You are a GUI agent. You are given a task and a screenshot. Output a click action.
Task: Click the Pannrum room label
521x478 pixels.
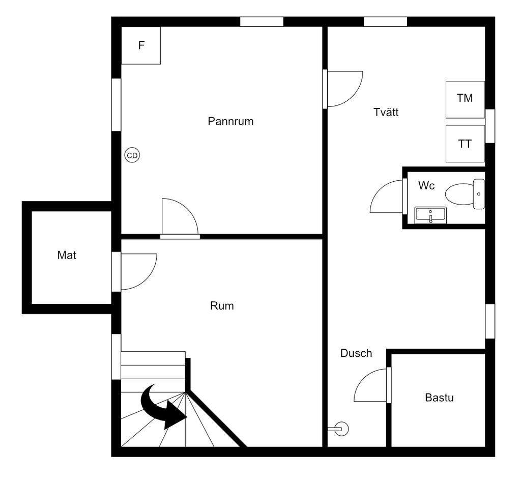[230, 122]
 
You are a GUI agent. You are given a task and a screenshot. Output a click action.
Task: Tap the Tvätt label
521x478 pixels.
[386, 113]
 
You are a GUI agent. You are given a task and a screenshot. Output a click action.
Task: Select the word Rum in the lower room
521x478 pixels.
[222, 306]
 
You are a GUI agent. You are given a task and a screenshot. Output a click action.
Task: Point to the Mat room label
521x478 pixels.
[67, 256]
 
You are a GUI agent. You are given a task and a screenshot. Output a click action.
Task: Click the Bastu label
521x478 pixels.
[439, 398]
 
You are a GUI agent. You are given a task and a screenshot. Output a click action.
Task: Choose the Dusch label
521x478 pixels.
[356, 353]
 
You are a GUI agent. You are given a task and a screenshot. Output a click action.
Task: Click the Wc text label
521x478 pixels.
[426, 186]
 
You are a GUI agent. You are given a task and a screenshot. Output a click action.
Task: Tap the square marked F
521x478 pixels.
[141, 45]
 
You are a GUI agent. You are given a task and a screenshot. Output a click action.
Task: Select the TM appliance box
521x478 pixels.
[465, 99]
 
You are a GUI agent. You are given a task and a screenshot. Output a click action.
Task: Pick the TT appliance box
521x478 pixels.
[465, 144]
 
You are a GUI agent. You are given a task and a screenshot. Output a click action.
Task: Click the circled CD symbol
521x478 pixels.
[132, 156]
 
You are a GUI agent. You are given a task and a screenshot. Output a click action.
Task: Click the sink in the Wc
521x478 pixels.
[430, 215]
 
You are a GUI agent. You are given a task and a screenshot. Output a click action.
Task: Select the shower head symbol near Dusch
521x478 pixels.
[341, 429]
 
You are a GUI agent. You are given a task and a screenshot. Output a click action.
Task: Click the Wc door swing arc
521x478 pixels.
[387, 197]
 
